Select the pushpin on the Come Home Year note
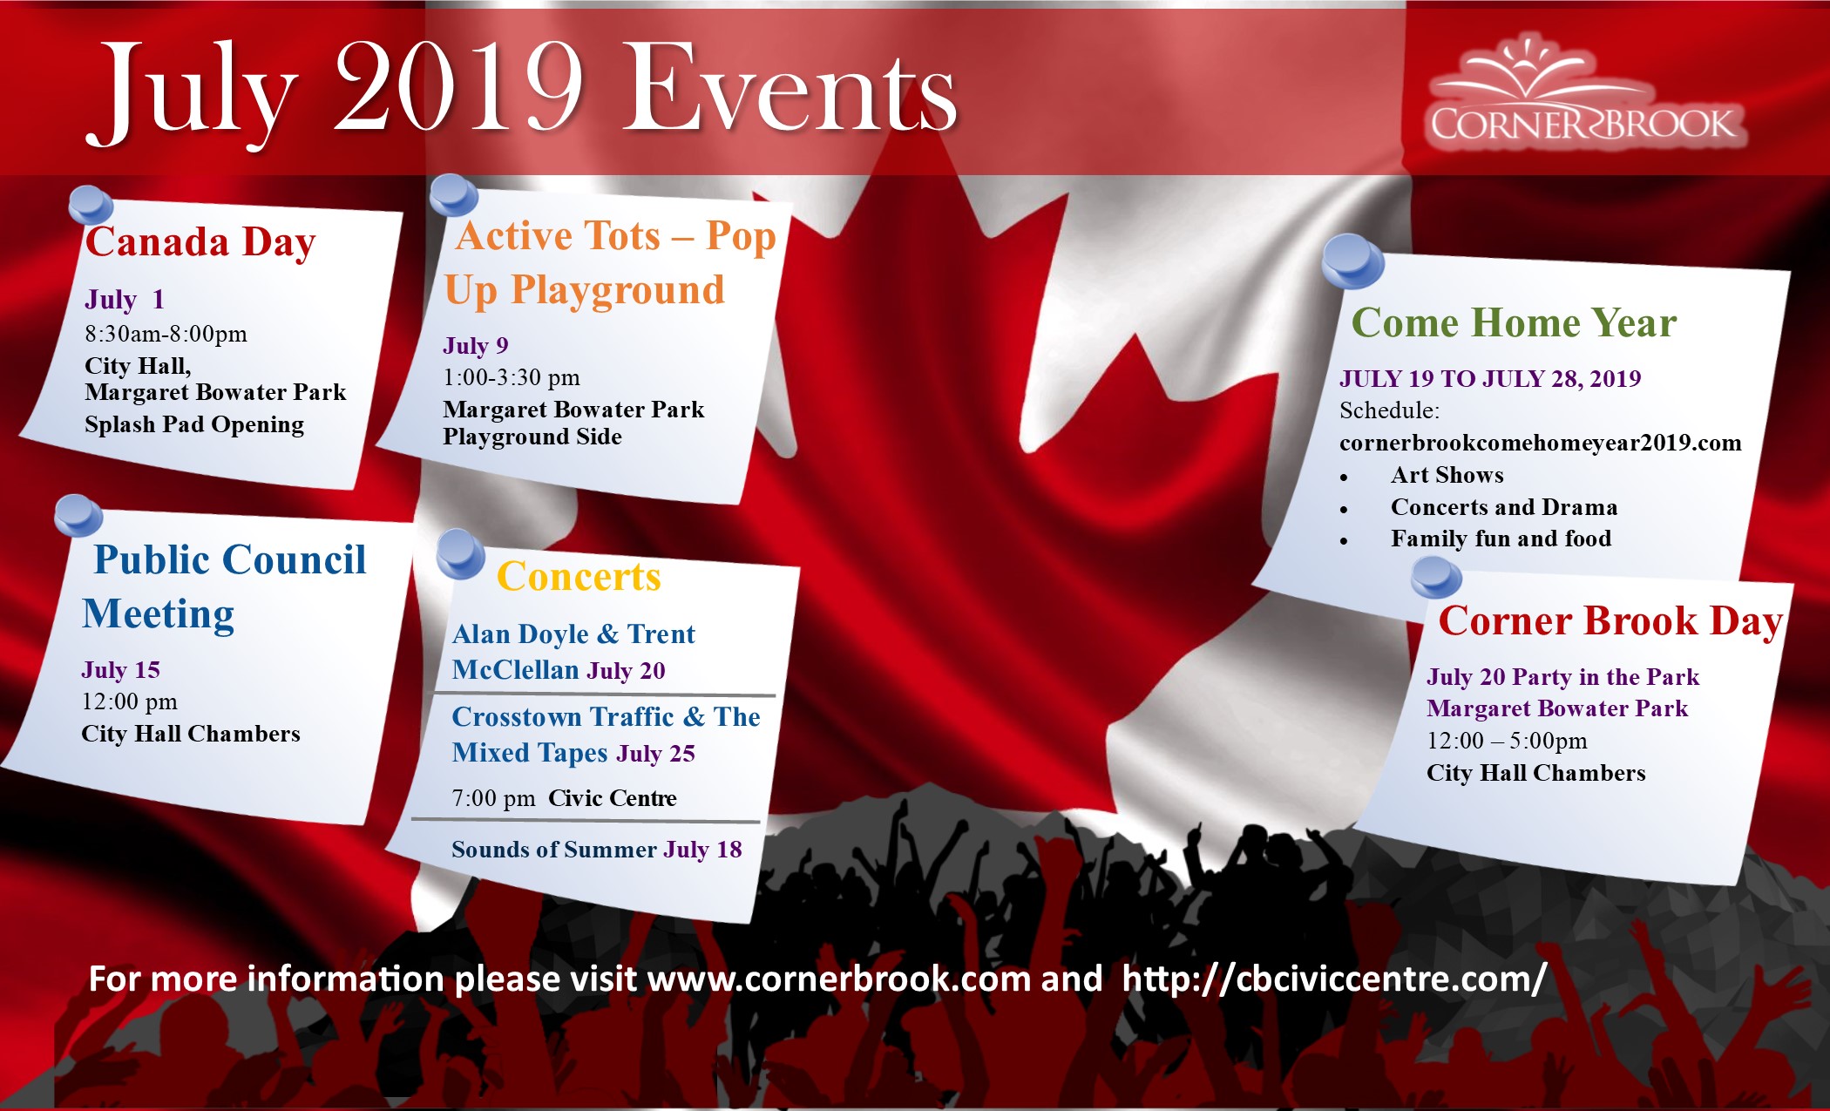point(1352,261)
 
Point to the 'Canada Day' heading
point(200,243)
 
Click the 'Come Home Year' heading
point(1514,323)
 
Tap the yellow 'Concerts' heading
point(579,577)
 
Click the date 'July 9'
point(476,346)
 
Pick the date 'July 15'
point(121,670)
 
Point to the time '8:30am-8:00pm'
point(166,334)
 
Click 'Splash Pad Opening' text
point(194,425)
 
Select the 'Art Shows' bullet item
point(1447,475)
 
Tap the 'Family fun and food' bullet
point(1501,539)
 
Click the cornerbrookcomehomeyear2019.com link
point(1541,443)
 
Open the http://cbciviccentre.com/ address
point(1335,979)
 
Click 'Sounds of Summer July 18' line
point(597,850)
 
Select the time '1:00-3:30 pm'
point(512,378)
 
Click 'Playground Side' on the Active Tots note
point(532,437)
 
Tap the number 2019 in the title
point(458,87)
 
